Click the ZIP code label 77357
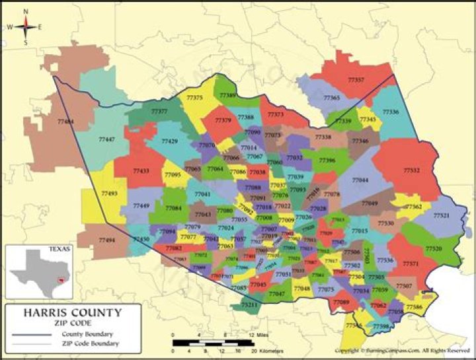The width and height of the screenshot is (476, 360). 356,80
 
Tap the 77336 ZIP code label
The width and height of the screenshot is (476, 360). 390,112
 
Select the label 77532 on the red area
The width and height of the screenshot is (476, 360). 412,170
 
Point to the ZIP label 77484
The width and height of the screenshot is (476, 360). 65,122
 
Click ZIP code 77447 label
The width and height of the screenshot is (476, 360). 106,139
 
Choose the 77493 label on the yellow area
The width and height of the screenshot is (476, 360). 109,194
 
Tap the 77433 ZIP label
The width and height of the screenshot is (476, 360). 141,170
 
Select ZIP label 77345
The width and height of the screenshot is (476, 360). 368,119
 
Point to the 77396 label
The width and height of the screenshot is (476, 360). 327,160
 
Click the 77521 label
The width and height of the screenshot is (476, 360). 441,216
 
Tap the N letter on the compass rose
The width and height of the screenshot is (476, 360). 25,11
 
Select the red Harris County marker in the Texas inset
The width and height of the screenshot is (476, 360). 61,280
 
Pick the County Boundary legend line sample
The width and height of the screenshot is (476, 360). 29,334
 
